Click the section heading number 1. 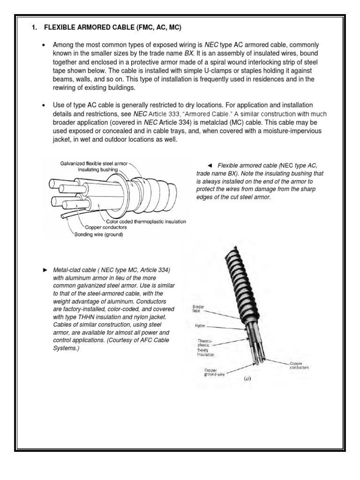(34, 28)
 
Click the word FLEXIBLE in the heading (60, 28)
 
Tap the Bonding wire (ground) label (97, 234)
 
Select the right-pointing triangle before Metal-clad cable (45, 270)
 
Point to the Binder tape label (199, 308)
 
